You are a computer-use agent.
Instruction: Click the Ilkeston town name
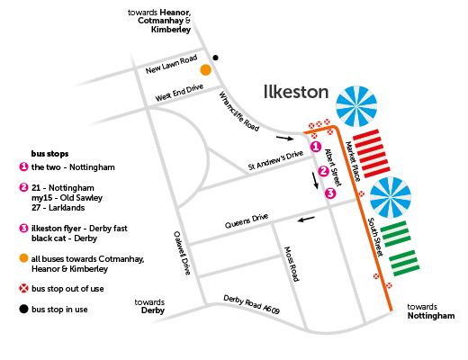296,92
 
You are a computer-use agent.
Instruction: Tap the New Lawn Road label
171,64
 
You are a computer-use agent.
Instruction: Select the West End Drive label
179,93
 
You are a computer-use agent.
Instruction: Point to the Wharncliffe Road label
238,112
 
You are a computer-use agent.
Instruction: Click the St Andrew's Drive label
275,160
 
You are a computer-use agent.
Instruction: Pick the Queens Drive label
247,220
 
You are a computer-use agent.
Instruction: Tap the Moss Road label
292,264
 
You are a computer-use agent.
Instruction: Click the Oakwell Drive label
182,253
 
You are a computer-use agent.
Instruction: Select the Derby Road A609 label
251,304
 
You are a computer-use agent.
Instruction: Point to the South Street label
375,237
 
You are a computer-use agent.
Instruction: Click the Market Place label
353,161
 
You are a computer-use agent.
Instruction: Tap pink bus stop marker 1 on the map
316,147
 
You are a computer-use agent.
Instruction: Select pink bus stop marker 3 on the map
330,193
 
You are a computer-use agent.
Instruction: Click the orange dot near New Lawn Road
205,70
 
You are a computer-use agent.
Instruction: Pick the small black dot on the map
215,58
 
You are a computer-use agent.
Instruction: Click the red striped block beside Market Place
372,153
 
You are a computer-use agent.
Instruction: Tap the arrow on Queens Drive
306,220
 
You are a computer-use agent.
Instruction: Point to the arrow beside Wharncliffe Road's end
285,138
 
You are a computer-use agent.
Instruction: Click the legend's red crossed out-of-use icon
23,289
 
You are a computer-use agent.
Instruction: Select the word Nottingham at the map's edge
431,316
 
